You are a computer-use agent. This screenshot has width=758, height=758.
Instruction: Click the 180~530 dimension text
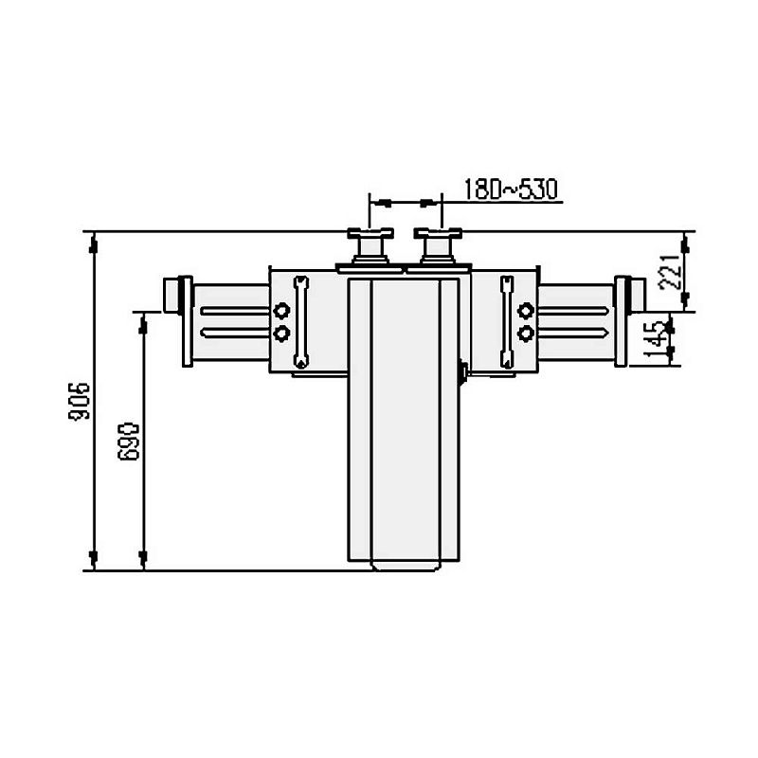click(x=511, y=189)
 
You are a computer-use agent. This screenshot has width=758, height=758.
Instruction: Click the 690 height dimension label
click(x=130, y=441)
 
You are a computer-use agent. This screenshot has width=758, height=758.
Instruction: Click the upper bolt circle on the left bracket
click(x=280, y=312)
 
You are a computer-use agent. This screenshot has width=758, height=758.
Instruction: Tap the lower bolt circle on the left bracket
click(x=280, y=333)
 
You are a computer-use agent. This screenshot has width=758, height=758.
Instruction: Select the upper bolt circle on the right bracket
click(x=526, y=312)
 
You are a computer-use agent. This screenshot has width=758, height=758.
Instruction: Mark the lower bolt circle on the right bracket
click(x=526, y=333)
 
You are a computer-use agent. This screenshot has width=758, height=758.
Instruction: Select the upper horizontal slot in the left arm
click(x=233, y=312)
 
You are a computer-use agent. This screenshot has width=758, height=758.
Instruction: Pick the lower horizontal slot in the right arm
click(x=572, y=332)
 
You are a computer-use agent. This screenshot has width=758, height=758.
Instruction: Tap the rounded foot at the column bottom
click(x=406, y=567)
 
